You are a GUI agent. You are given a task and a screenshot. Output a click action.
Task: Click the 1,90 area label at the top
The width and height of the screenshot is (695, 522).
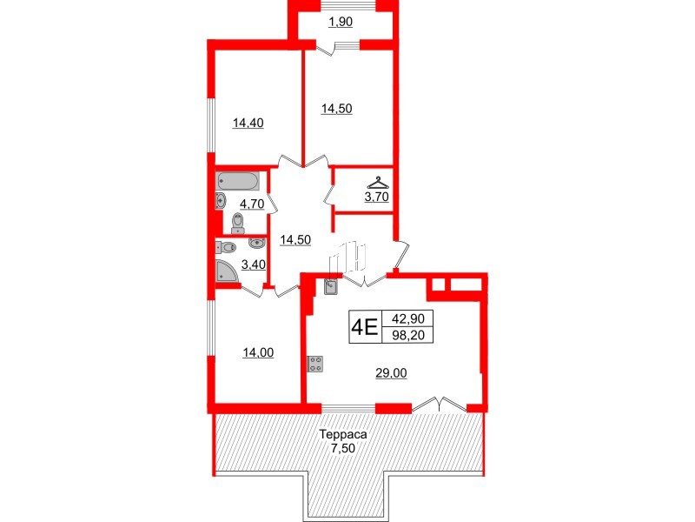(341, 23)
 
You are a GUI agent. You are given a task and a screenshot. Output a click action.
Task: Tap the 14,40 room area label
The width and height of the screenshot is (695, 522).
(248, 123)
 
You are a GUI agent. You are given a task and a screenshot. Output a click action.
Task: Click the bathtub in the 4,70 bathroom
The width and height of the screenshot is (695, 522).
(237, 182)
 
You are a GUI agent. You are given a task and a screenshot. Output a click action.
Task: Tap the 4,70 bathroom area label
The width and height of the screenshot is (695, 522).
(252, 204)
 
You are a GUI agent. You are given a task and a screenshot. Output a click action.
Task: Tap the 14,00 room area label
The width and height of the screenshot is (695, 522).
(258, 352)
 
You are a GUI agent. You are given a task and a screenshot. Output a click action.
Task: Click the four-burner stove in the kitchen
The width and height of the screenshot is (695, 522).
(315, 364)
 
